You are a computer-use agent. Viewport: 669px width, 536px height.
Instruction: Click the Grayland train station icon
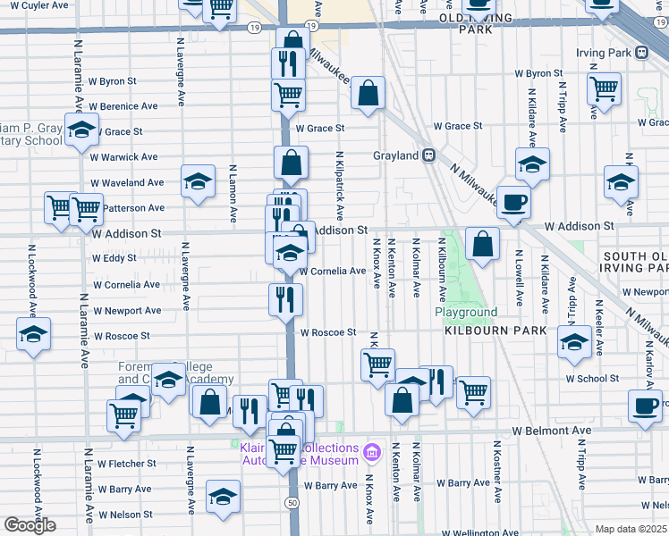point(428,155)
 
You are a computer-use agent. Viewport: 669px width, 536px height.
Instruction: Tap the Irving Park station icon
point(642,53)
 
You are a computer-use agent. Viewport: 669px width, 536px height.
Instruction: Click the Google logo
point(30,525)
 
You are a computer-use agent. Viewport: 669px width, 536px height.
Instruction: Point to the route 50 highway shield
point(292,504)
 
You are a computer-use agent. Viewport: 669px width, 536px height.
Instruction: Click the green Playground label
point(466,312)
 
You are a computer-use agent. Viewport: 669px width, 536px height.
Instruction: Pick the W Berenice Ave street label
point(125,106)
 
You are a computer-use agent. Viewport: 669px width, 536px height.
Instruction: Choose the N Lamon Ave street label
point(233,193)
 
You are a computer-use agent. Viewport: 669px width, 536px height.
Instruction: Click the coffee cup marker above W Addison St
point(513,202)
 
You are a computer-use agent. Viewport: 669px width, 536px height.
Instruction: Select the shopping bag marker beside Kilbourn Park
point(482,242)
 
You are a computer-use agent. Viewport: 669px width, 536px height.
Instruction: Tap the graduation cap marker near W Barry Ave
point(223,497)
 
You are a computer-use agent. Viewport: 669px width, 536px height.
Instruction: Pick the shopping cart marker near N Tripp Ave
point(605,88)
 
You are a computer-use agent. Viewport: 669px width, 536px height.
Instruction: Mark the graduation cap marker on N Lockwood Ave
point(34,335)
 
